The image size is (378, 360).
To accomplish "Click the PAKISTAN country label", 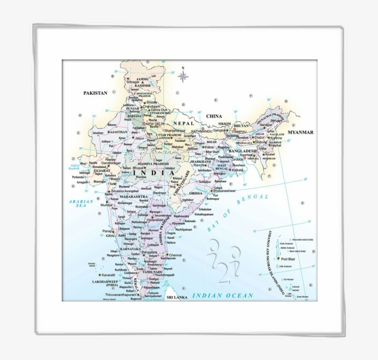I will [x=95, y=93].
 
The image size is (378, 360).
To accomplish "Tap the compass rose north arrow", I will [x=183, y=75].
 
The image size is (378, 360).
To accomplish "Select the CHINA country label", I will [x=214, y=117].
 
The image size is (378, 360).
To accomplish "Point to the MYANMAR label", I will [x=300, y=132].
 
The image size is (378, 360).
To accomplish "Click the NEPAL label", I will [x=184, y=124].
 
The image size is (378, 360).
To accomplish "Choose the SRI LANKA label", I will [x=177, y=298].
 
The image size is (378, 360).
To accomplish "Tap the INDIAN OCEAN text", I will [x=223, y=295].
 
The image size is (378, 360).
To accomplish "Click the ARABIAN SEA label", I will [x=81, y=203].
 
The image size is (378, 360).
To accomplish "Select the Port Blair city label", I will [x=288, y=259].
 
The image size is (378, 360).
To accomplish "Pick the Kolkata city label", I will [x=237, y=170].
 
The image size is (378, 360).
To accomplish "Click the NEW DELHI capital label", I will [x=155, y=124].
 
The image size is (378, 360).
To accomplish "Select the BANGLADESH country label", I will [x=242, y=151].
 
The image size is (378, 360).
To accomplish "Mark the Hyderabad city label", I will [x=155, y=220].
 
